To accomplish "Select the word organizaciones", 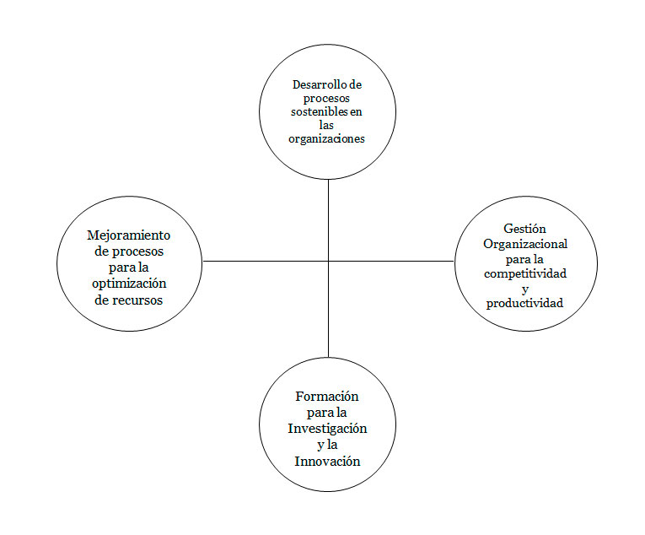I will pyautogui.click(x=326, y=139).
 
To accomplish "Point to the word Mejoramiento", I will pyautogui.click(x=129, y=235).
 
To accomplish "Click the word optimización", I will pyautogui.click(x=129, y=284).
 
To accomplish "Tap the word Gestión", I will pyautogui.click(x=524, y=229).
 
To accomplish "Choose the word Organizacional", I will pyautogui.click(x=524, y=244).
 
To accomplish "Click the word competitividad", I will pyautogui.click(x=524, y=273).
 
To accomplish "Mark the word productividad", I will pyautogui.click(x=524, y=303).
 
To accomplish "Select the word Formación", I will pyautogui.click(x=327, y=397).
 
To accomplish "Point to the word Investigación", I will pyautogui.click(x=327, y=429).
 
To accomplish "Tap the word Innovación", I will pyautogui.click(x=327, y=461).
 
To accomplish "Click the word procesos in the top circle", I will pyautogui.click(x=327, y=99).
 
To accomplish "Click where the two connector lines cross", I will pyautogui.click(x=328, y=261).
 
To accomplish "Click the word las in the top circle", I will pyautogui.click(x=327, y=126).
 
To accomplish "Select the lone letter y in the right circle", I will pyautogui.click(x=524, y=289).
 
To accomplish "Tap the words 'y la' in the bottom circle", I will pyautogui.click(x=327, y=445).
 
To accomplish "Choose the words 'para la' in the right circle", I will pyautogui.click(x=524, y=259).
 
